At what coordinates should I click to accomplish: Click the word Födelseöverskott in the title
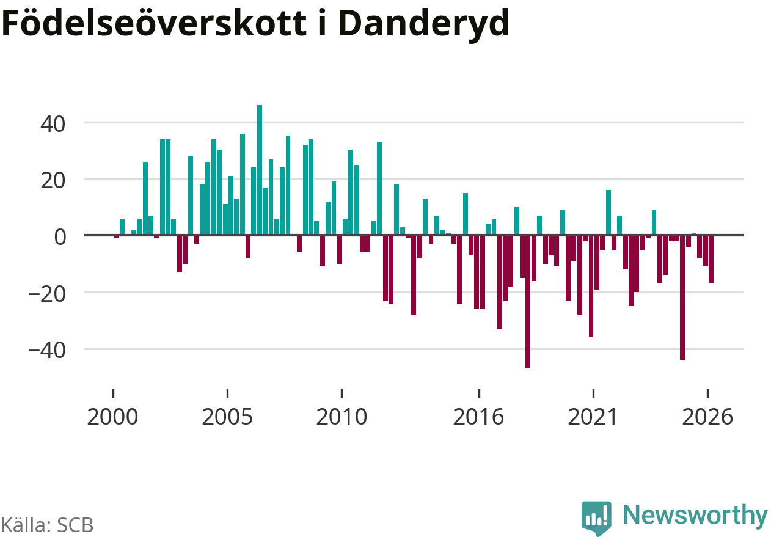[154, 23]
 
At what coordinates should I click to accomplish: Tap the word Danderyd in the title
[424, 26]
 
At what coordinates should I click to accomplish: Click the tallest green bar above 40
[260, 170]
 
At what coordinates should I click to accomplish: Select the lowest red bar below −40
[528, 302]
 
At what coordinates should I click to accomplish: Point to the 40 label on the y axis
[53, 124]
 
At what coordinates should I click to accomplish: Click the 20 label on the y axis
[53, 181]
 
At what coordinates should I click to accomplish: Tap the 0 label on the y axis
[60, 237]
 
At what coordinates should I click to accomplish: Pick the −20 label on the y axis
[47, 294]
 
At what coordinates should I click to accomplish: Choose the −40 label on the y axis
[47, 351]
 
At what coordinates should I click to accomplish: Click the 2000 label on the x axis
[112, 417]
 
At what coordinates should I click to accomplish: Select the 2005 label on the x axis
[227, 417]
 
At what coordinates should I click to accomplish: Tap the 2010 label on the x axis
[342, 417]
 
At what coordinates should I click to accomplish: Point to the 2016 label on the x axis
[478, 417]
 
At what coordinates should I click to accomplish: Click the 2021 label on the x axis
[593, 417]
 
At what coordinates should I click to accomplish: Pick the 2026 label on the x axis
[707, 417]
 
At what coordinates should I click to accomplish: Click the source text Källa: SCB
[47, 525]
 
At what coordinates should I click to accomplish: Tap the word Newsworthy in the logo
[695, 516]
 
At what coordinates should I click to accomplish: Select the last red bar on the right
[711, 259]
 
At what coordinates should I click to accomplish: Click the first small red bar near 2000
[117, 237]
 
